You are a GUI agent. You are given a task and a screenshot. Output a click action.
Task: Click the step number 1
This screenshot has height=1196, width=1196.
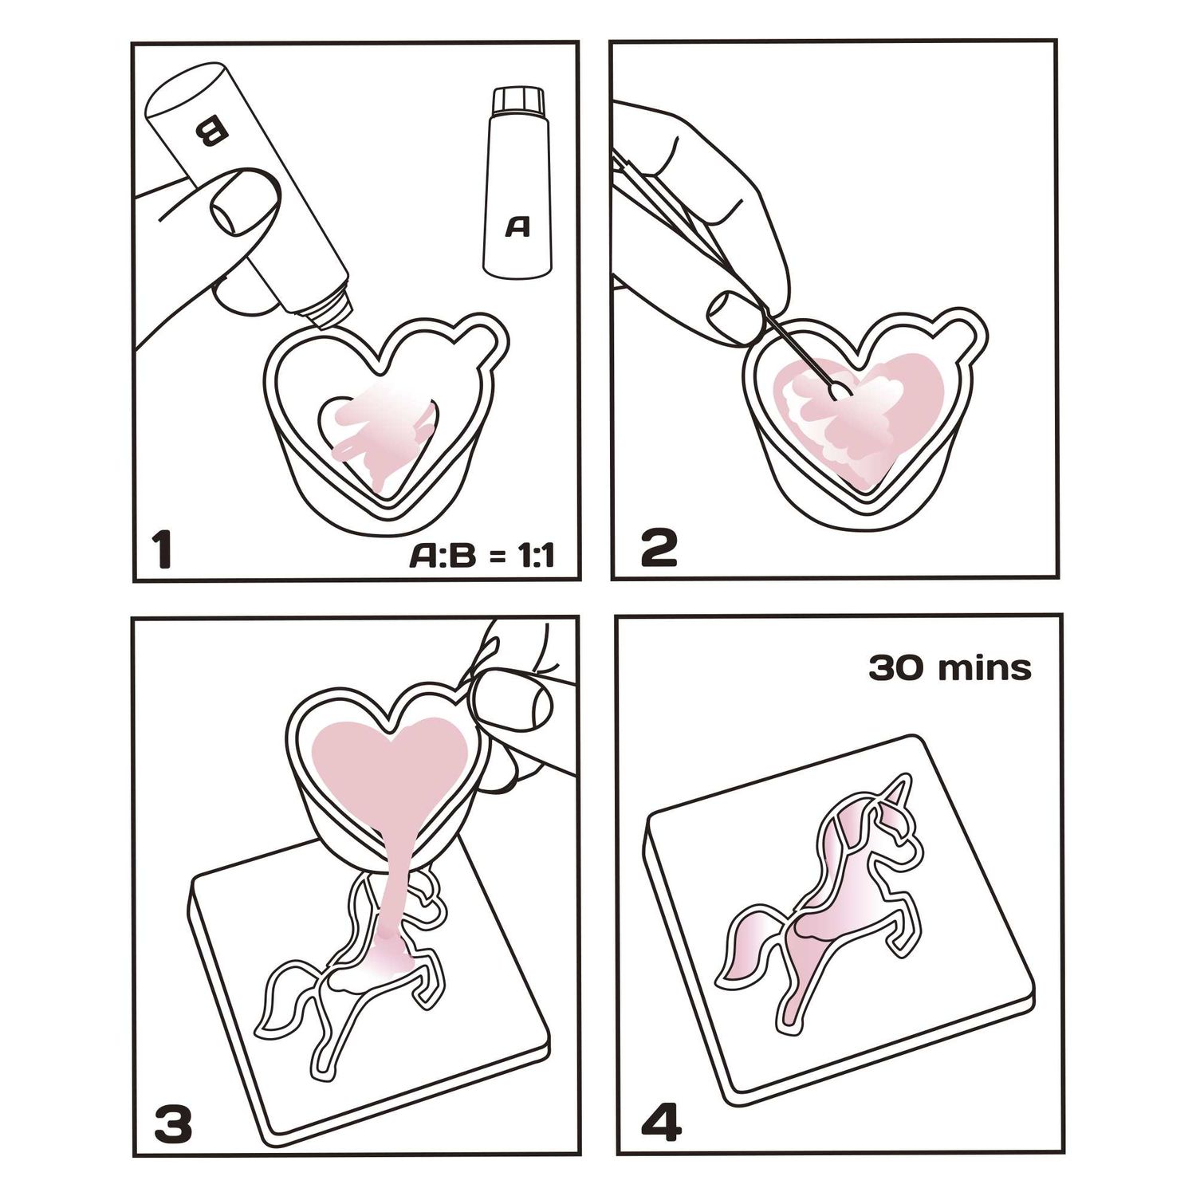pyautogui.click(x=163, y=550)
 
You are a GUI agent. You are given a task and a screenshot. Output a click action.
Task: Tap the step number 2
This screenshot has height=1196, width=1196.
pyautogui.click(x=659, y=549)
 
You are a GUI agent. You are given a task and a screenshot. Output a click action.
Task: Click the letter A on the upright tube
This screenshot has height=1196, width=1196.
pyautogui.click(x=518, y=227)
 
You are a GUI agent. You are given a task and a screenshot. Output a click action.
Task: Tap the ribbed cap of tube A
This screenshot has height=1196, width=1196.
pyautogui.click(x=518, y=101)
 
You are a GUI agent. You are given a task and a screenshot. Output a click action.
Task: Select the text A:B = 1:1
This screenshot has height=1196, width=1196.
pyautogui.click(x=482, y=556)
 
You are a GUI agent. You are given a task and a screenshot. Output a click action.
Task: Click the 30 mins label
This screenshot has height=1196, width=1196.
pyautogui.click(x=950, y=667)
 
